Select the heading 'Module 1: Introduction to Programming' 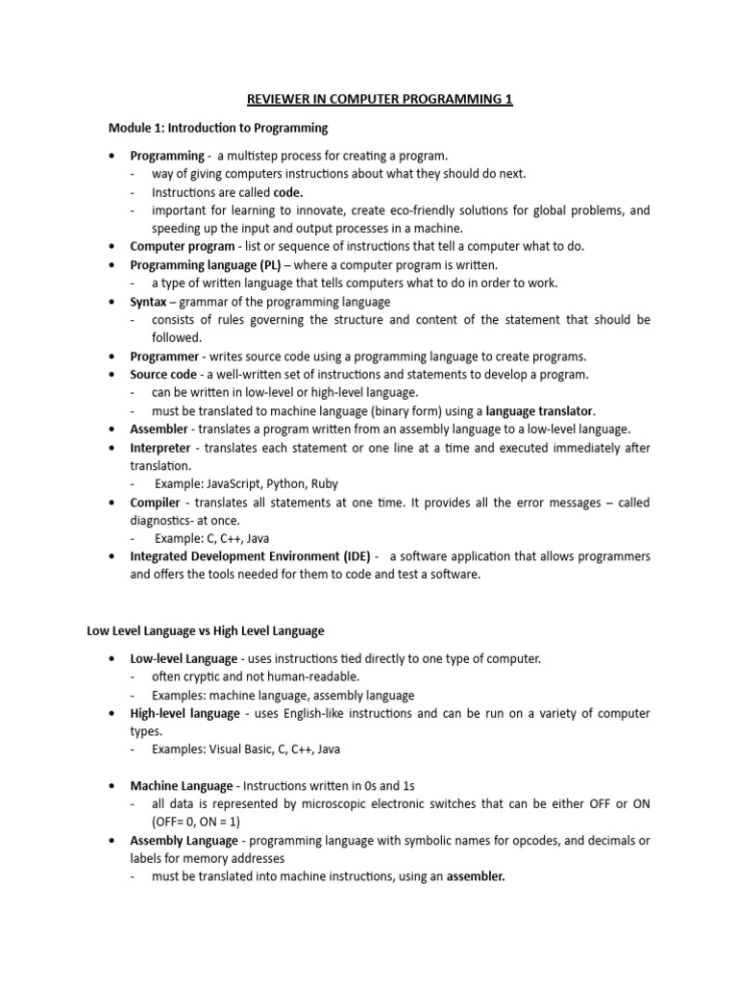click(x=217, y=128)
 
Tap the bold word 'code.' click(x=290, y=192)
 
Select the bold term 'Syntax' click(x=149, y=302)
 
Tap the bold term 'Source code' click(x=164, y=374)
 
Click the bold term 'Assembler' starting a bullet click(x=159, y=429)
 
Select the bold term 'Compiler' click(x=156, y=503)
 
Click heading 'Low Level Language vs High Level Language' click(x=206, y=631)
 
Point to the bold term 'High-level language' click(x=184, y=713)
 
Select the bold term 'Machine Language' click(x=181, y=785)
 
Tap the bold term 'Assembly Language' click(x=184, y=840)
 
